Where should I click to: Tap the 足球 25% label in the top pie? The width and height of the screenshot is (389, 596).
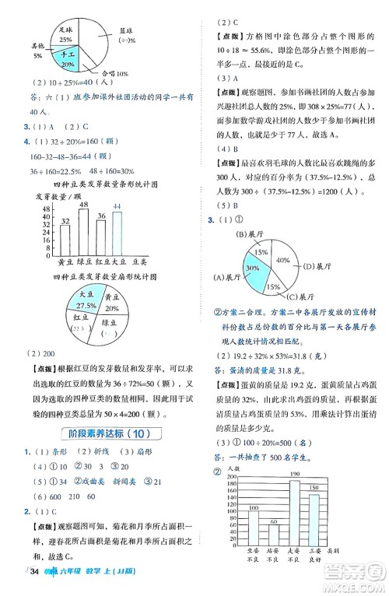point(67,34)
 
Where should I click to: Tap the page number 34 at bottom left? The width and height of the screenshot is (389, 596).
point(33,574)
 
